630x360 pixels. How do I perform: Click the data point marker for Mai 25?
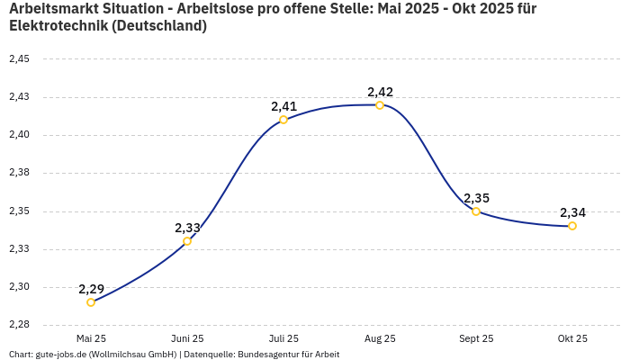pyautogui.click(x=91, y=302)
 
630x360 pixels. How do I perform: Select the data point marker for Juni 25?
pyautogui.click(x=187, y=241)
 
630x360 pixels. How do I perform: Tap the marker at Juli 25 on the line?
pyautogui.click(x=283, y=120)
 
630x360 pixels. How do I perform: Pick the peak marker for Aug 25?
pyautogui.click(x=380, y=105)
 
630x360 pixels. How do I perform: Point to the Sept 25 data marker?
pyautogui.click(x=476, y=211)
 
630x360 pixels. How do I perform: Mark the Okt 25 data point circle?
pyautogui.click(x=572, y=226)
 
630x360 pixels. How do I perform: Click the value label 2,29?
pyautogui.click(x=91, y=289)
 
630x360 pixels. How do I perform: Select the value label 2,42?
pyautogui.click(x=380, y=92)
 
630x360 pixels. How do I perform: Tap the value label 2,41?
pyautogui.click(x=283, y=106)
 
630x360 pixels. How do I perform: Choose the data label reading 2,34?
pyautogui.click(x=572, y=212)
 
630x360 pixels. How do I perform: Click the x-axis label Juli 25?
pyautogui.click(x=283, y=338)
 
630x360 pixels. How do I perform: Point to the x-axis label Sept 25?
pyautogui.click(x=476, y=338)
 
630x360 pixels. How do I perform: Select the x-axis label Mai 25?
pyautogui.click(x=91, y=338)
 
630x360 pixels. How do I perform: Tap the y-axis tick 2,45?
pyautogui.click(x=19, y=59)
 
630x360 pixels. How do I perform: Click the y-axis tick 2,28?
pyautogui.click(x=19, y=325)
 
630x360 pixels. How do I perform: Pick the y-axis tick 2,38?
pyautogui.click(x=19, y=173)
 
